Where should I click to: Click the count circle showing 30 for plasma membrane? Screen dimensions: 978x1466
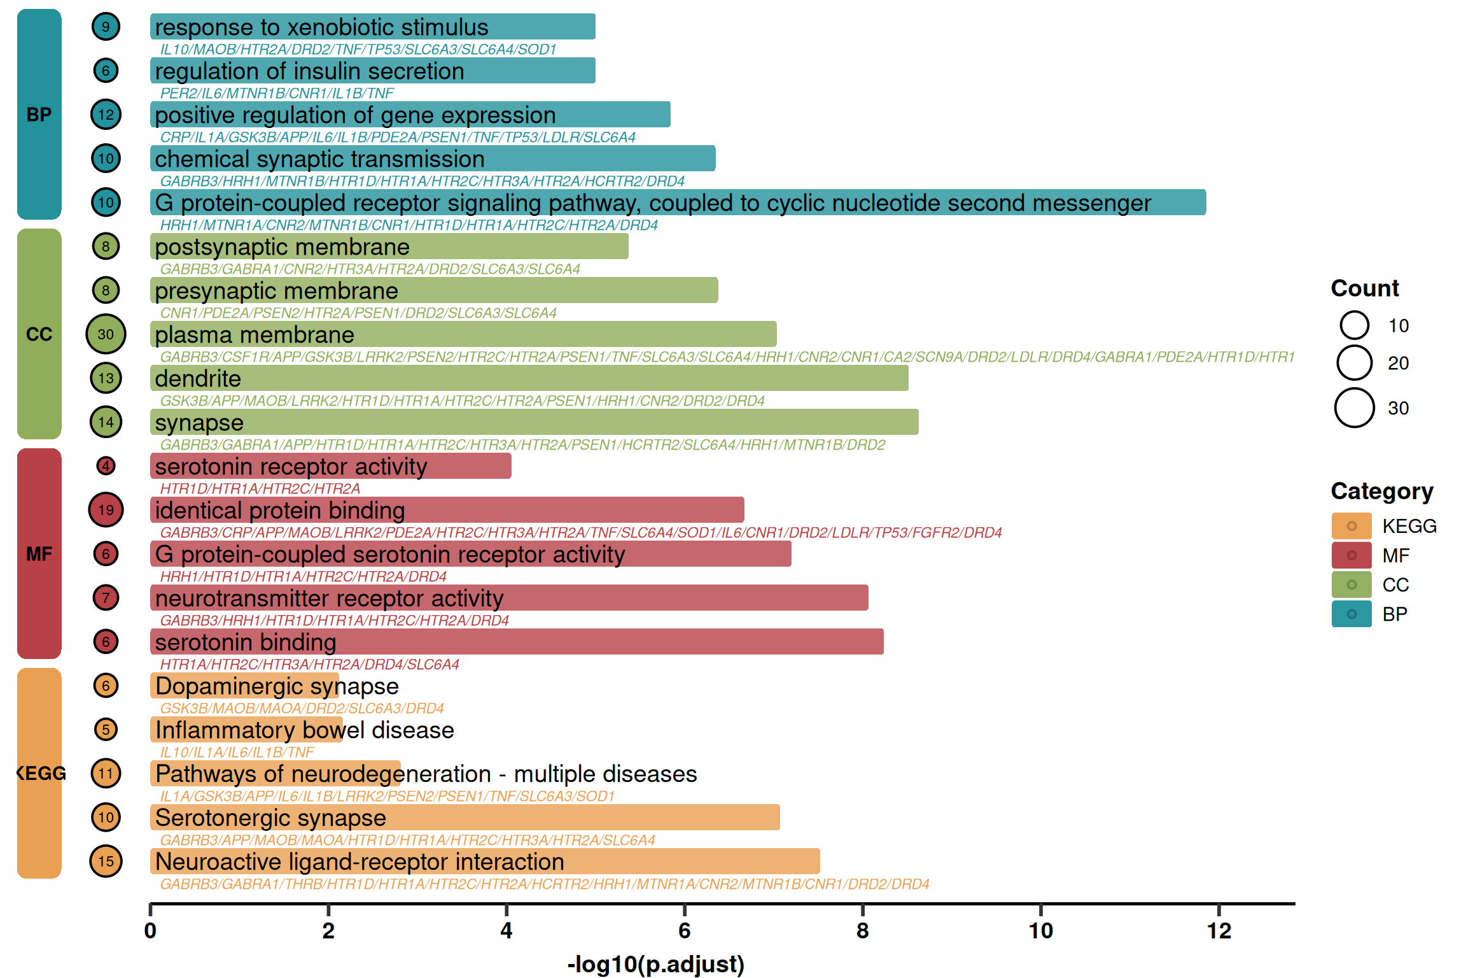[106, 334]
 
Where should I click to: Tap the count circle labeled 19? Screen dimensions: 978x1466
[106, 510]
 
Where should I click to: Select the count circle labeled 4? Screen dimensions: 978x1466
[106, 466]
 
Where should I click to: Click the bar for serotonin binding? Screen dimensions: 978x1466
[517, 642]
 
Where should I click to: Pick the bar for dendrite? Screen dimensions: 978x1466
[529, 378]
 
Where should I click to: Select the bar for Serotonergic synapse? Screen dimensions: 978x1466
[465, 818]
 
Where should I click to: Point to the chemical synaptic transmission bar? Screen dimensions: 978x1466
[433, 159]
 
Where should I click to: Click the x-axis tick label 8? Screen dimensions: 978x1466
[862, 931]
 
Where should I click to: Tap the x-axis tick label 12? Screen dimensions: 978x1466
[1218, 931]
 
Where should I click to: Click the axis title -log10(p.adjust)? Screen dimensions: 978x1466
[655, 964]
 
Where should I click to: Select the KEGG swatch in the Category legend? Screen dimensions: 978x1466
[1351, 526]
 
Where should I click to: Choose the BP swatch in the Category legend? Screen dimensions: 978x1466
[1351, 614]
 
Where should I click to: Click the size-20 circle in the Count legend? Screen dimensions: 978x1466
[1354, 363]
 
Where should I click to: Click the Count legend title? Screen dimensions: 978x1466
[1364, 288]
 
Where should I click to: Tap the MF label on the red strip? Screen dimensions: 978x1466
[39, 554]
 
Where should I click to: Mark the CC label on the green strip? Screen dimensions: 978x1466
[39, 334]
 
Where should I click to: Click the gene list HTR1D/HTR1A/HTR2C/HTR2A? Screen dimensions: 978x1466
[260, 488]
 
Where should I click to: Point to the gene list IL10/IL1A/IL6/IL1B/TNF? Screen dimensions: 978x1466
[237, 752]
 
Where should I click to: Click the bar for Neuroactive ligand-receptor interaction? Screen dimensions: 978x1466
[485, 861]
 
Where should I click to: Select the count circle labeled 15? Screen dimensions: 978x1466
[106, 861]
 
